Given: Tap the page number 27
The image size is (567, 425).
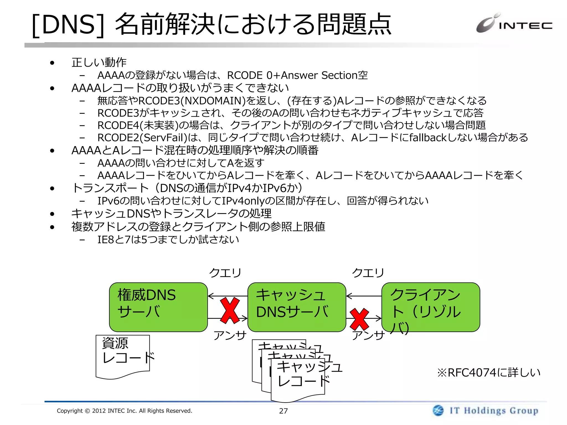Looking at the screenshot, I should (283, 411).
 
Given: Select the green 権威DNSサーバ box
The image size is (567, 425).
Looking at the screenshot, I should (158, 307).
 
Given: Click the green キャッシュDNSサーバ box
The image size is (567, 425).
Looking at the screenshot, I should (297, 307).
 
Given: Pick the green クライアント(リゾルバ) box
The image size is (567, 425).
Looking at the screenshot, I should (431, 307).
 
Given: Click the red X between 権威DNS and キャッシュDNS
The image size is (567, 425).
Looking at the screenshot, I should (230, 310).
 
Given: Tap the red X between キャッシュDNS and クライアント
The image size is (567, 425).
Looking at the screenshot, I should (359, 319).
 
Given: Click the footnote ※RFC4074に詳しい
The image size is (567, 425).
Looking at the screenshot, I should (489, 373).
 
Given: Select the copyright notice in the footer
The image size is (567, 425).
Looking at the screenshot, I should (124, 411).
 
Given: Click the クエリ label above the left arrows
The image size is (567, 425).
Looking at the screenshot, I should (225, 273).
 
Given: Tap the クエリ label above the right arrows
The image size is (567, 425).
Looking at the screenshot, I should (368, 273).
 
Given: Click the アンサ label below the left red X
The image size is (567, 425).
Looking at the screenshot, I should (230, 335).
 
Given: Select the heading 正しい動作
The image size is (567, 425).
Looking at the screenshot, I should (99, 63).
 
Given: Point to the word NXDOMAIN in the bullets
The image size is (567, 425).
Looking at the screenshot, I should (213, 101).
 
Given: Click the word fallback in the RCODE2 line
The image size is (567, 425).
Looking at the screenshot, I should (428, 138).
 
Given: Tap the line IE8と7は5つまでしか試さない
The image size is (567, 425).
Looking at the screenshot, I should (168, 240).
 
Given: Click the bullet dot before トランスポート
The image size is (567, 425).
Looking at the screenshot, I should (52, 189).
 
